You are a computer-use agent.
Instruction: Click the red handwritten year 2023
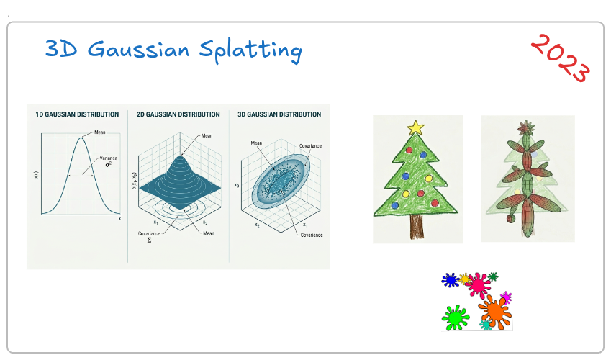coord(561,58)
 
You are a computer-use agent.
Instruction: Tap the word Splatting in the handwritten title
coord(250,51)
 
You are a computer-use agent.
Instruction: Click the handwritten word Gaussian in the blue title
coord(138,50)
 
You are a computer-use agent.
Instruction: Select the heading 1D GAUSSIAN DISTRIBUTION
coord(77,114)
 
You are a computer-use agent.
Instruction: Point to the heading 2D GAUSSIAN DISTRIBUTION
coord(178,114)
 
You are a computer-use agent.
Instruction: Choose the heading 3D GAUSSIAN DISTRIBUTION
coord(279,114)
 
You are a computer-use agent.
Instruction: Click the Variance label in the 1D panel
coord(109,158)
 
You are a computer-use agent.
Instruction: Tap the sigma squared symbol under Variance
coord(109,164)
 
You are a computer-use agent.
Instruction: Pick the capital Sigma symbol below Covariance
coord(149,240)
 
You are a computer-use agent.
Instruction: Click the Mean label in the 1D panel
coord(100,132)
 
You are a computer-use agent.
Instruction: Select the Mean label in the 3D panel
coord(256,143)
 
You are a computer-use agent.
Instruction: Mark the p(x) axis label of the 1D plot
coord(37,175)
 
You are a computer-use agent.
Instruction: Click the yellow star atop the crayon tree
coord(415,127)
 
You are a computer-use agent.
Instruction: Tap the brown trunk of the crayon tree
coord(417,226)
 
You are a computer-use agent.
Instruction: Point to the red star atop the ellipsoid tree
coord(525,127)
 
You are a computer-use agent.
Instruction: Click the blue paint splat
coord(451,280)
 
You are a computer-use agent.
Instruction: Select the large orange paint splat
coord(495,312)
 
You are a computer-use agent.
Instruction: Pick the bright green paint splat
coord(455,318)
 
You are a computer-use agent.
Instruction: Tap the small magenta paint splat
coord(506,297)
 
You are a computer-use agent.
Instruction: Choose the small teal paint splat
coord(486,325)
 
